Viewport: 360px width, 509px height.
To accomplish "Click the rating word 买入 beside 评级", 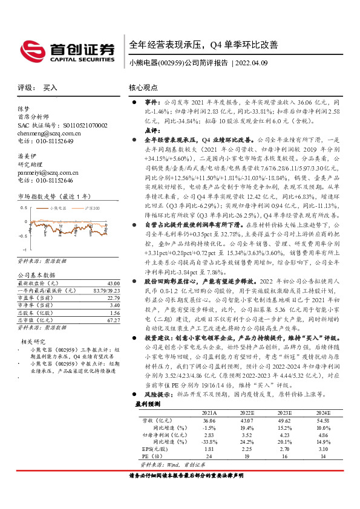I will click(x=50, y=88).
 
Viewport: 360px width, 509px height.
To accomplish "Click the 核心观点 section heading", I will click(x=143, y=88).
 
